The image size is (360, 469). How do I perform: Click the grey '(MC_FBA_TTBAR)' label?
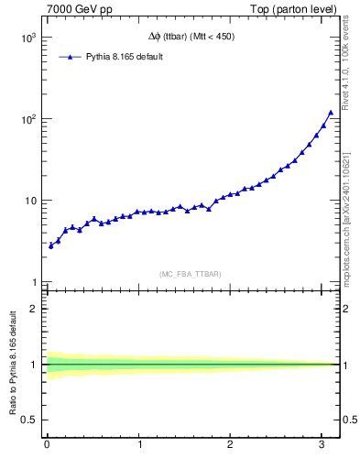(x=190, y=274)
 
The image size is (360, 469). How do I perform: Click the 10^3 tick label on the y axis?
(x=29, y=38)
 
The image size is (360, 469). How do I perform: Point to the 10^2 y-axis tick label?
(x=29, y=120)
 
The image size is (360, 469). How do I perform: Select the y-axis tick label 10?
(x=31, y=202)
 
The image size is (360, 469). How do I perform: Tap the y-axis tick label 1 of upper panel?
(x=35, y=282)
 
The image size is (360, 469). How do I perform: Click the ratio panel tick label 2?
(x=35, y=309)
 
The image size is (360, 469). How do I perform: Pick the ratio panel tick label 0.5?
(x=30, y=420)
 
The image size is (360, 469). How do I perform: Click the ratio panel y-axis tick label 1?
(x=35, y=365)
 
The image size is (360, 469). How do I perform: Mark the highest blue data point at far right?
(x=331, y=113)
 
